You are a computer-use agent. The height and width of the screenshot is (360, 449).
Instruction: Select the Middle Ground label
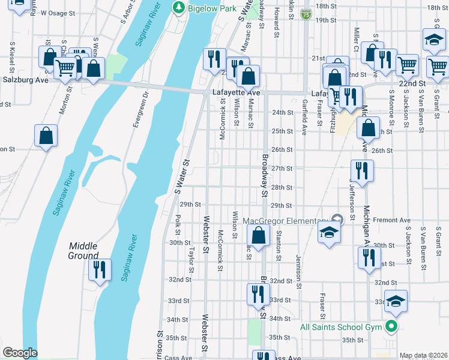(83, 251)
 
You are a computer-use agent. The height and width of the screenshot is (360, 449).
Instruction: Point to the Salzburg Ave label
(25, 80)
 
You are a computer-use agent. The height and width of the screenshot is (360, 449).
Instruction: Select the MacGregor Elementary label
(286, 221)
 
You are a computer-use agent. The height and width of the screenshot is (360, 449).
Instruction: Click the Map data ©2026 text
(423, 355)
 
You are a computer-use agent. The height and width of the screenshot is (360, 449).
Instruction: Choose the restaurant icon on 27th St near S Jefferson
(362, 170)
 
